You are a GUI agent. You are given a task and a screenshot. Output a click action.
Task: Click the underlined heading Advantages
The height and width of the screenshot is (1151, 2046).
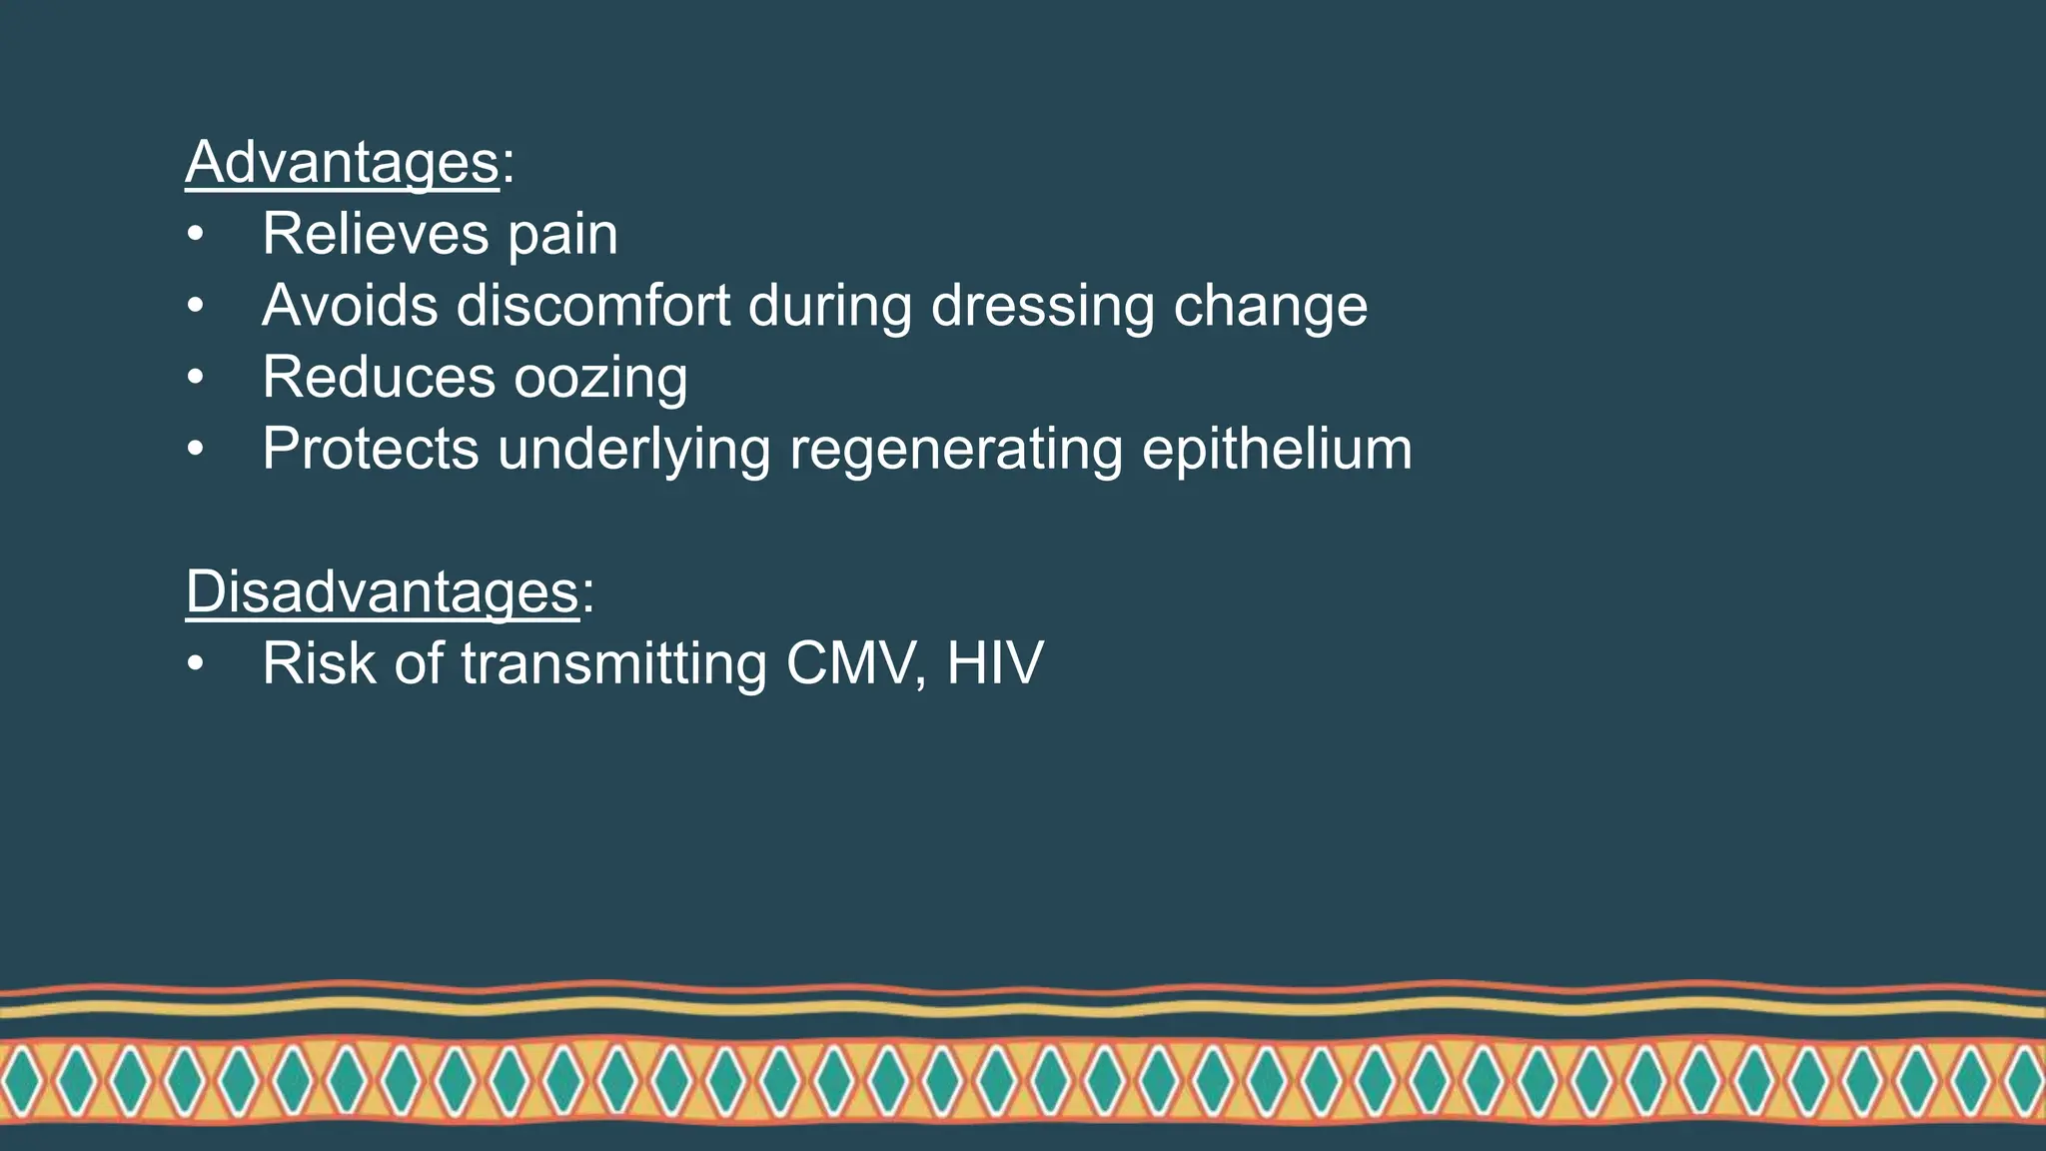point(342,162)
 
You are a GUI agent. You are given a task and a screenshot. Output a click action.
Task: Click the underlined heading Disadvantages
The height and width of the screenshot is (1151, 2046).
point(382,591)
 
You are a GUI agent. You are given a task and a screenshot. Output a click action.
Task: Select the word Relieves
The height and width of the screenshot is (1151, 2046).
point(376,234)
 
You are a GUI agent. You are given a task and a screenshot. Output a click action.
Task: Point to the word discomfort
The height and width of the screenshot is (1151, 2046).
point(593,305)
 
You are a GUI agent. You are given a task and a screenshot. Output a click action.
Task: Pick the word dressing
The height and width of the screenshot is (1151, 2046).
point(1042,307)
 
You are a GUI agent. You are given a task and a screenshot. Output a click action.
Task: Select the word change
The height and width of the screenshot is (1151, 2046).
point(1270,307)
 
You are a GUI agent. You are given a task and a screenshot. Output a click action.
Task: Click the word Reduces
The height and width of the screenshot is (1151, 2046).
point(379,377)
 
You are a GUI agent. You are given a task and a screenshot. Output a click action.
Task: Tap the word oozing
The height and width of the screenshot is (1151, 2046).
point(600,379)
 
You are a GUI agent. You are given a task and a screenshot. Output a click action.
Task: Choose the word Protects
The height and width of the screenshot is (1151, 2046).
point(370,449)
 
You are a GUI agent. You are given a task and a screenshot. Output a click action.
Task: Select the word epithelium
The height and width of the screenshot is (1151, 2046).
point(1277,449)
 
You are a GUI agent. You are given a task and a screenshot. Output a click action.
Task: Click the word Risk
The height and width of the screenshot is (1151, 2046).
point(319,662)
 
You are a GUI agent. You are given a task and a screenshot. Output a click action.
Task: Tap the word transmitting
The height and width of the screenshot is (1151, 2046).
point(613,664)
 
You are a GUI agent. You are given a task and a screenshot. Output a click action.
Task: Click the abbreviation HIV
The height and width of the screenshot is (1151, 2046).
point(995,662)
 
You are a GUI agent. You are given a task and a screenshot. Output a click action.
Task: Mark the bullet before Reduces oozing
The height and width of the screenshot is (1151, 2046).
point(195,378)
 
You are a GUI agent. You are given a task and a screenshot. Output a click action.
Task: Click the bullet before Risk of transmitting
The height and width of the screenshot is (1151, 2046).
point(195,663)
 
